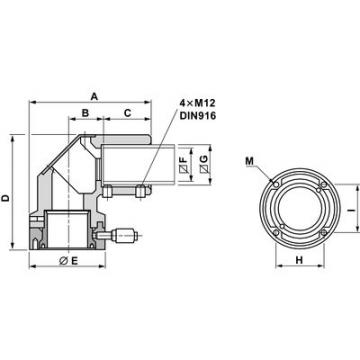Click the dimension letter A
(94, 95)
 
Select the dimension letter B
(86, 114)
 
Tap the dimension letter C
(128, 114)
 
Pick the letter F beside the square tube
(186, 162)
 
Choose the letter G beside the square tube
(204, 162)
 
